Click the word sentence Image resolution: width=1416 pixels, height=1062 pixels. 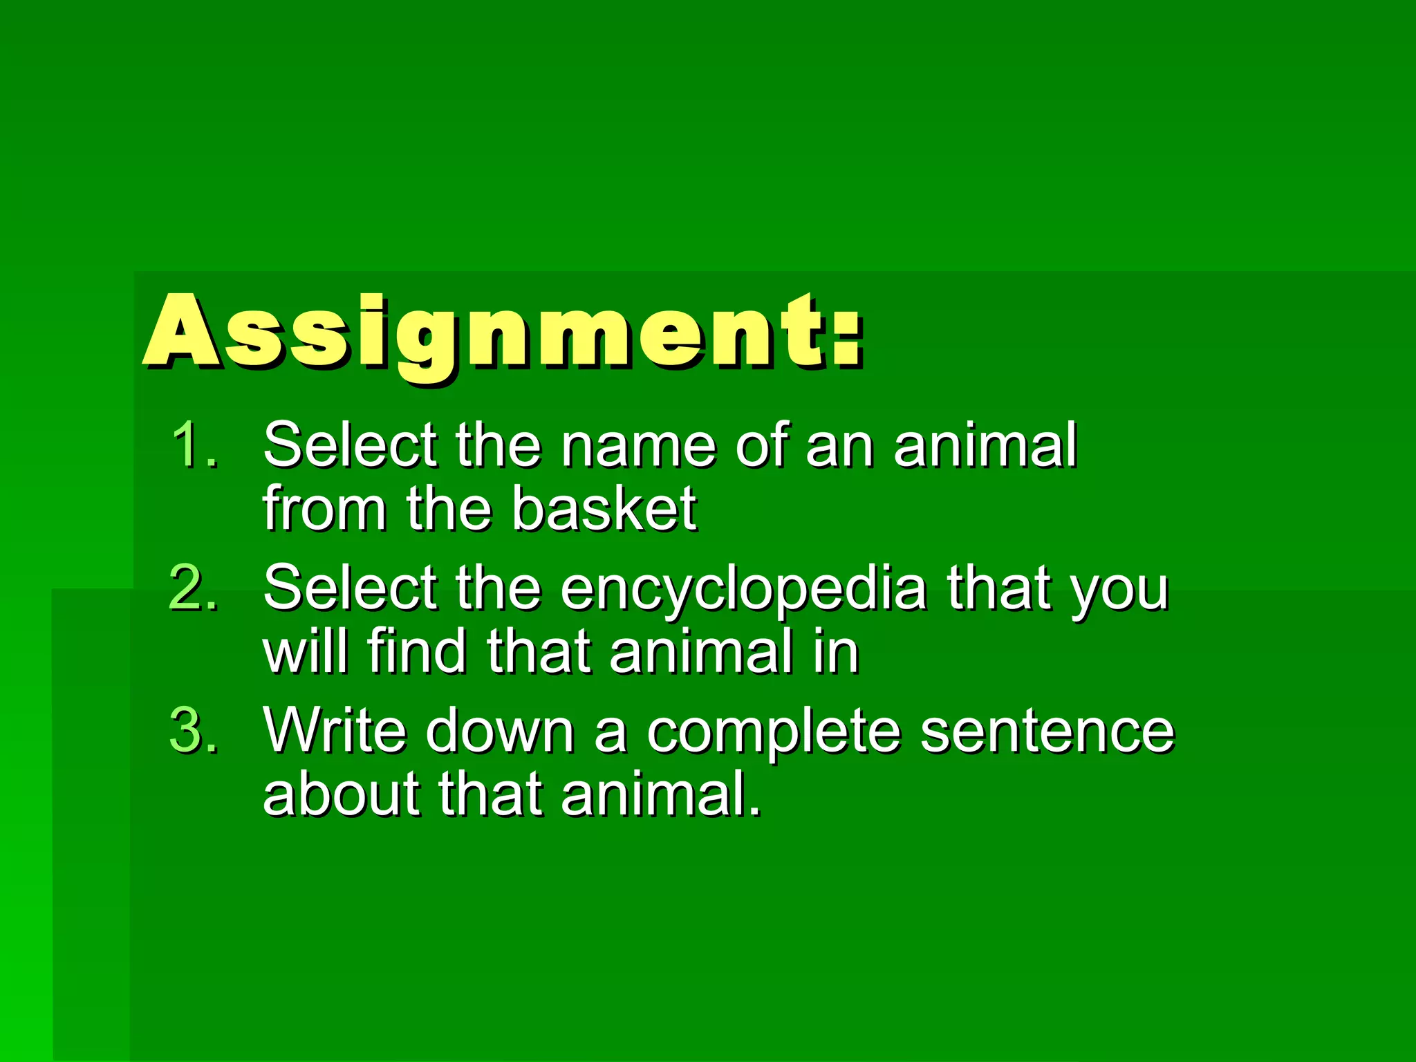[x=1047, y=732]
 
